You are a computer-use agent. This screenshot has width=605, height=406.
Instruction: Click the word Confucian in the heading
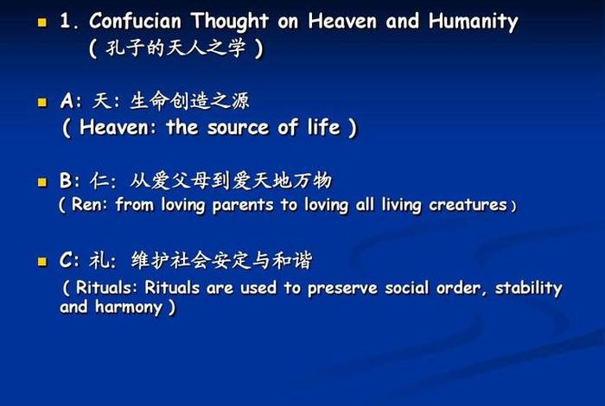point(138,21)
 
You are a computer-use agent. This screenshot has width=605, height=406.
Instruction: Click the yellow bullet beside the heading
point(41,22)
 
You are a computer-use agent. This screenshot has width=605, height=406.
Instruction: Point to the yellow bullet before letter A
point(41,102)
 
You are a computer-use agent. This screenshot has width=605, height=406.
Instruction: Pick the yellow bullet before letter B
point(41,182)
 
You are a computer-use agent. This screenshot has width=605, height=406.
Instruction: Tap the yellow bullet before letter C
point(41,261)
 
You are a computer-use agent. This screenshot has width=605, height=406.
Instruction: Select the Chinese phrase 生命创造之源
point(189,101)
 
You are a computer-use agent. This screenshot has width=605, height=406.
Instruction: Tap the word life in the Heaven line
point(321,128)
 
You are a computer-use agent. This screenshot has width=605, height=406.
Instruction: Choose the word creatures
point(468,206)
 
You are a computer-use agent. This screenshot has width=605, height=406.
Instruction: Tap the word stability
point(528,288)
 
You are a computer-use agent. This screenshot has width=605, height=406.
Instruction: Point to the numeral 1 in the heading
point(65,21)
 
